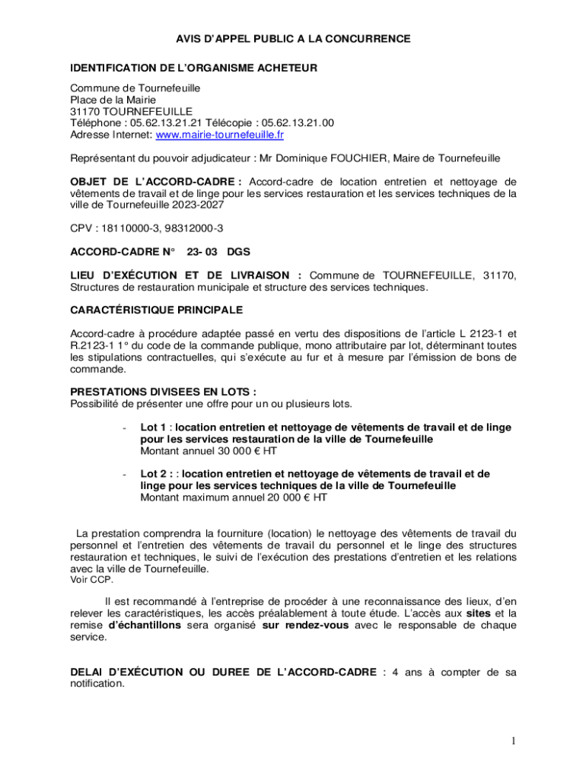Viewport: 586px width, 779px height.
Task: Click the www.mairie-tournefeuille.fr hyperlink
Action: point(219,135)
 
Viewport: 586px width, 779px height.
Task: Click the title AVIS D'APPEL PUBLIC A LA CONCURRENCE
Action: point(294,38)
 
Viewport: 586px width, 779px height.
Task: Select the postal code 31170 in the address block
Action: point(84,111)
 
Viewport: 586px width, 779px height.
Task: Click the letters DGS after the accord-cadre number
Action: point(237,251)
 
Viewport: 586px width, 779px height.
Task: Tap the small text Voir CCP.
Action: point(91,580)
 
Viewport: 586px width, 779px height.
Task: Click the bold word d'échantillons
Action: point(145,625)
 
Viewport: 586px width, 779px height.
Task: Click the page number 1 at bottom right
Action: point(514,741)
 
